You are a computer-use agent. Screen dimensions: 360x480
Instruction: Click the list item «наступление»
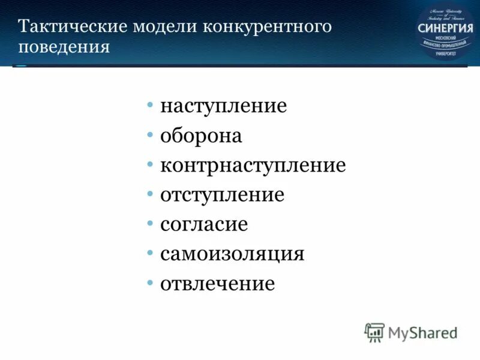click(x=223, y=107)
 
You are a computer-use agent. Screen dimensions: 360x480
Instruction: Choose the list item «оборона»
click(x=201, y=136)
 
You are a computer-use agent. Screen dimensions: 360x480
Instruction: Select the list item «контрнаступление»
click(x=253, y=166)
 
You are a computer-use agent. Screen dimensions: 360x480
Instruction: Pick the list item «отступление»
click(x=222, y=195)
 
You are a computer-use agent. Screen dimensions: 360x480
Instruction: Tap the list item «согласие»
click(x=204, y=224)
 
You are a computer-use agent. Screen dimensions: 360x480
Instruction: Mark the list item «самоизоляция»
click(x=232, y=254)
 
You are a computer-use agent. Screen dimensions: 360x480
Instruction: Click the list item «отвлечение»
click(x=217, y=283)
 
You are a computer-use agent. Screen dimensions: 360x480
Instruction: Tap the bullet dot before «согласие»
click(x=150, y=224)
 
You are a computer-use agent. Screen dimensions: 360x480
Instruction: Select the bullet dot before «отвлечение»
click(x=150, y=283)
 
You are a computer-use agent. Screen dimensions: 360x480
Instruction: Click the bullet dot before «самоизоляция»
click(x=150, y=253)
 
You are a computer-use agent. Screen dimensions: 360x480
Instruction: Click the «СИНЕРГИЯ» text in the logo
click(x=445, y=28)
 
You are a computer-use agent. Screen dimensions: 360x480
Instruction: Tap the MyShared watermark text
click(x=422, y=332)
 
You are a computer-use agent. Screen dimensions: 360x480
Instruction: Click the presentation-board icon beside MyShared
click(x=374, y=332)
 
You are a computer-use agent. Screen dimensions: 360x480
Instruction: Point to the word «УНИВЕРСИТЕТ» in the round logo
click(x=445, y=53)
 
